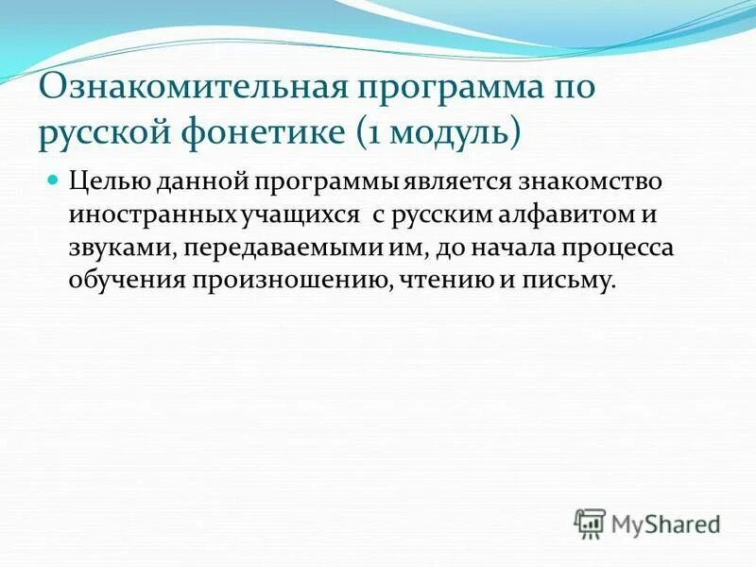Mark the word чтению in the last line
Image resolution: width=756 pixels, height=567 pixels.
pyautogui.click(x=438, y=282)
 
